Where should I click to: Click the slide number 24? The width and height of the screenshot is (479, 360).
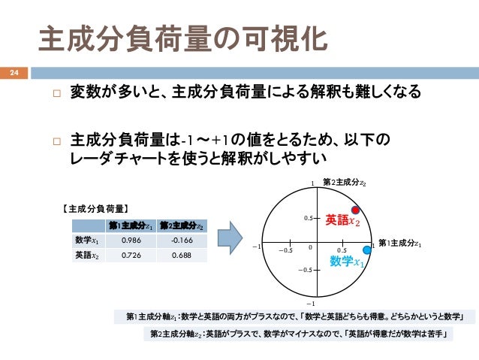13,73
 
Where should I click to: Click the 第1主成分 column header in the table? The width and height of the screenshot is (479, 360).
132,225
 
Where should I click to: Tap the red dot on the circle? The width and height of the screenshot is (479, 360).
356,210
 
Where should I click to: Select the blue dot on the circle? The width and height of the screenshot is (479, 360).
367,250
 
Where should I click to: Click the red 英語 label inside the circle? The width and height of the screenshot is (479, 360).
342,220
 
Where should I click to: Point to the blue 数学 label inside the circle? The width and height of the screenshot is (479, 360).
346,261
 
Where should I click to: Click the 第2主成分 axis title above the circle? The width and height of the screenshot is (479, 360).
345,182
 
